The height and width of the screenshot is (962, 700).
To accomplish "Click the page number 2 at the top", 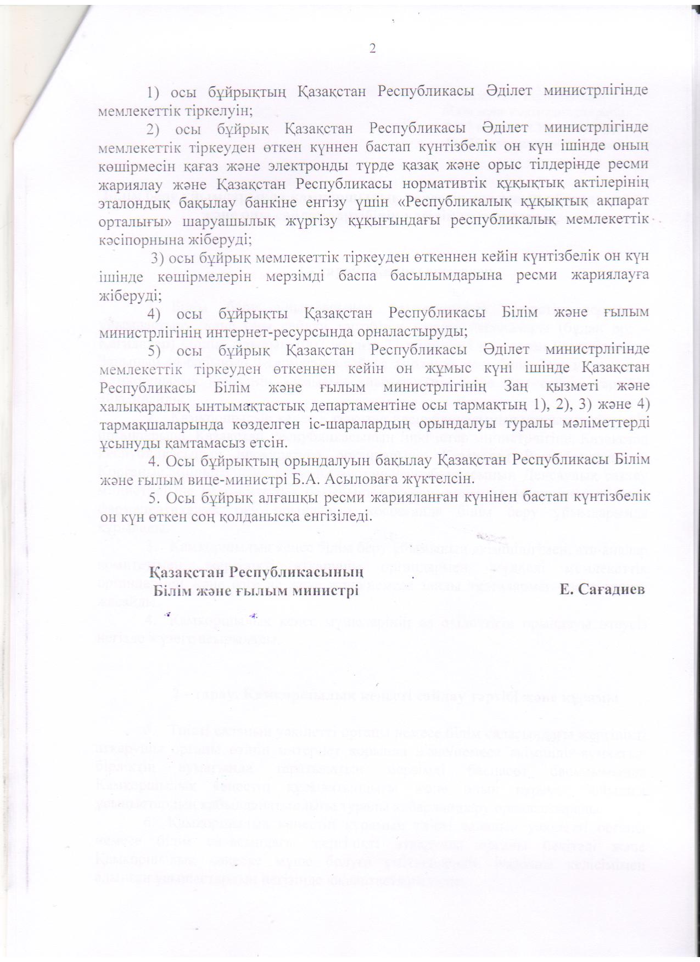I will coord(373,49).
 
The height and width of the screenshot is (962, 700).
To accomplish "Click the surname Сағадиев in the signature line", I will coord(602,590).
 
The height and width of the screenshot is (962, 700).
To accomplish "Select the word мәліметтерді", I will coord(604,424).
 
